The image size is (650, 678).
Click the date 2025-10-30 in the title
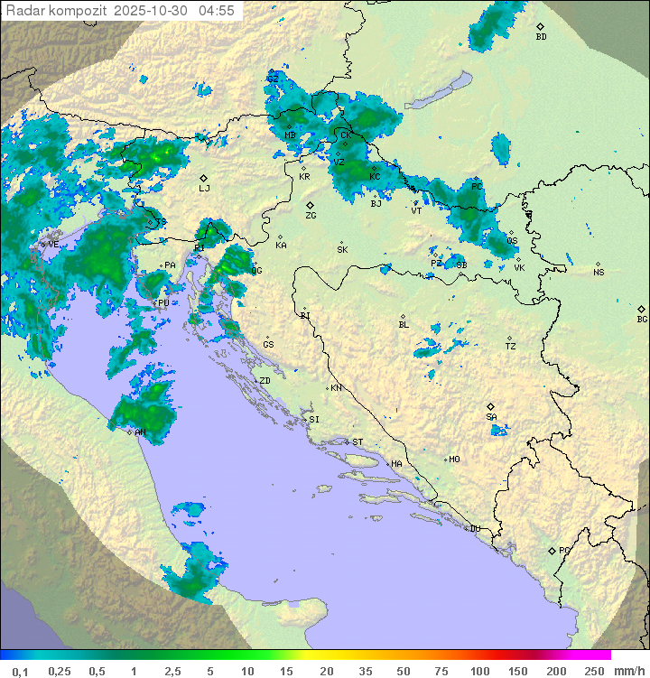[151, 10]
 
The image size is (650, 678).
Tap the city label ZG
[311, 216]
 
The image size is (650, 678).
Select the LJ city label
[204, 189]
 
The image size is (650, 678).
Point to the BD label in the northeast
[541, 37]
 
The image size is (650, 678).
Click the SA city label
[491, 417]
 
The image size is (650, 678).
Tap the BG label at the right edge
[642, 319]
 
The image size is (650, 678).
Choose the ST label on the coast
[357, 442]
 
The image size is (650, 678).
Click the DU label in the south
[474, 529]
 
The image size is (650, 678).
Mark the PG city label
[564, 550]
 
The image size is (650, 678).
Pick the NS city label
[599, 273]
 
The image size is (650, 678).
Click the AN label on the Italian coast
[140, 432]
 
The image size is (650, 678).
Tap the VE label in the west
[53, 244]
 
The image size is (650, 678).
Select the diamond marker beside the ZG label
[310, 206]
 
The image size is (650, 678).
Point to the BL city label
[404, 325]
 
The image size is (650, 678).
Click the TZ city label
[511, 347]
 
